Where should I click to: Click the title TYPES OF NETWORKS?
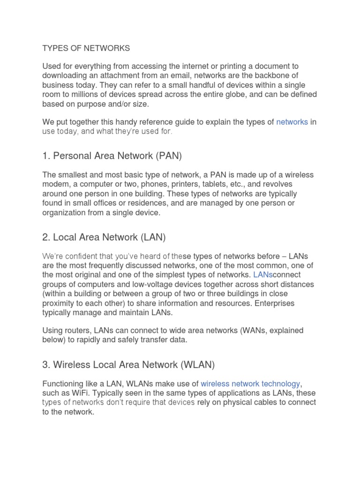point(86,48)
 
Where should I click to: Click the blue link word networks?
point(292,122)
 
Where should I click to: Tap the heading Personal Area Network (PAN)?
point(112,155)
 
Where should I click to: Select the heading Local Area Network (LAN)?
point(104,237)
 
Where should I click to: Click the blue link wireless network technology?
point(250,383)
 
